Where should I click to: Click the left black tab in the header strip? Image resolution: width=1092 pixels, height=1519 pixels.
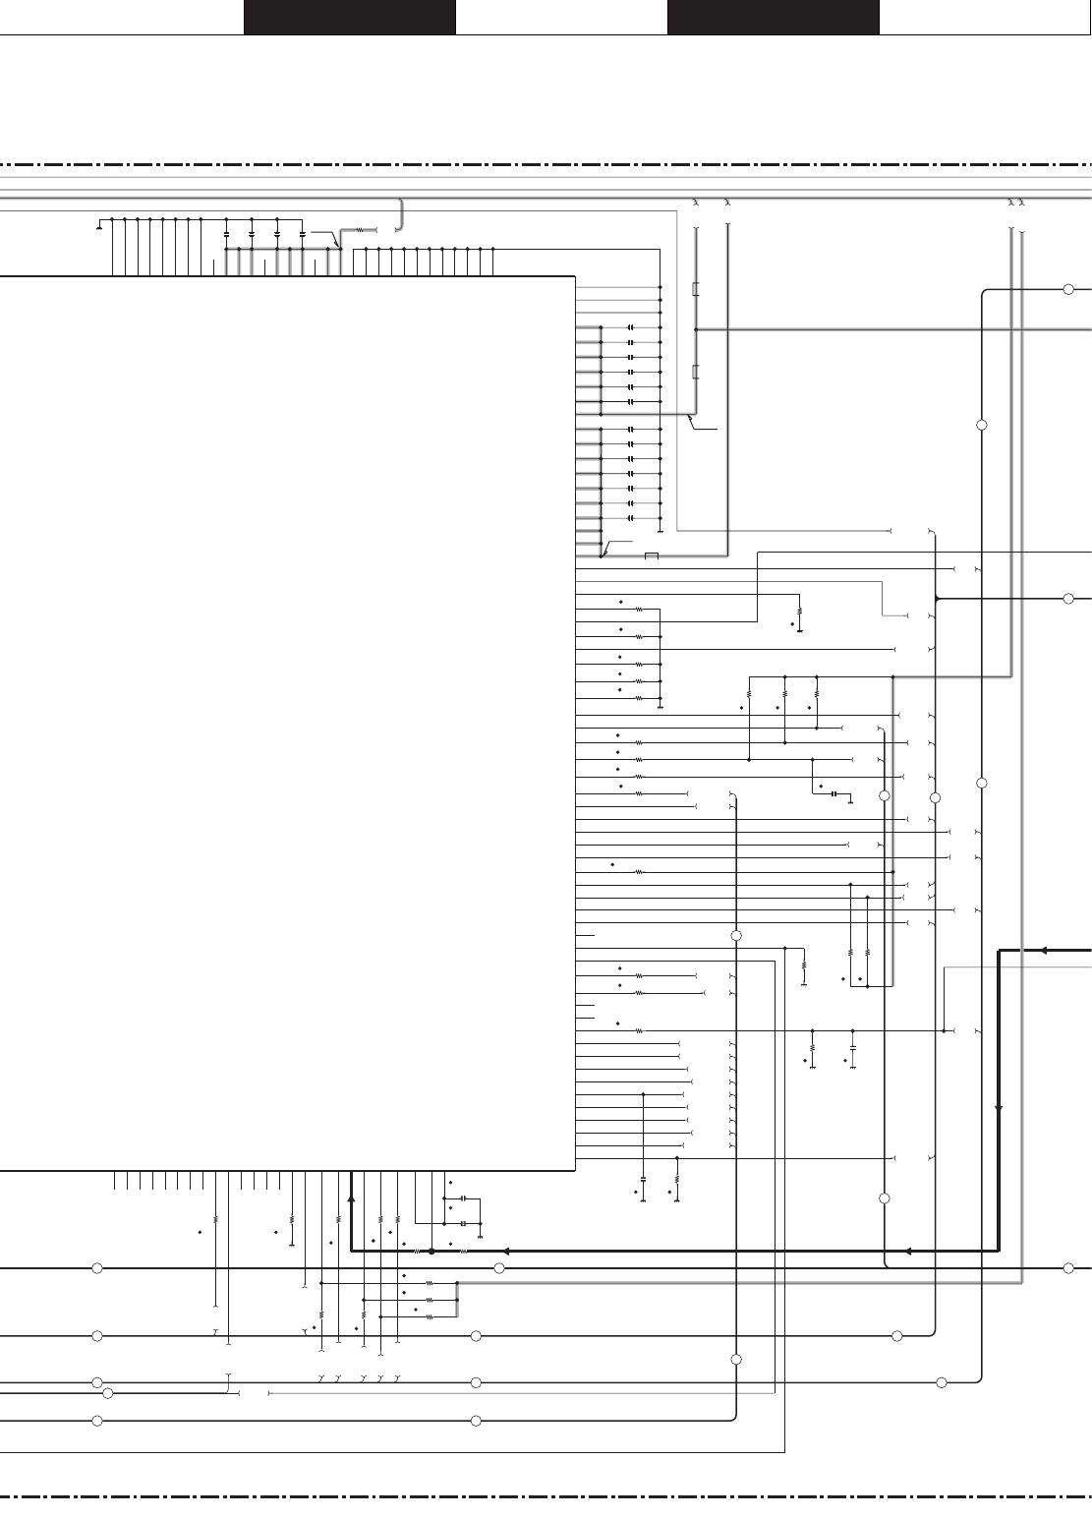coord(349,17)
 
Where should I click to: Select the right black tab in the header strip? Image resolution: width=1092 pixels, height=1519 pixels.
coord(773,17)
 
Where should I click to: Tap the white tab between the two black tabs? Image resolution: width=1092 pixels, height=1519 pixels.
coord(561,17)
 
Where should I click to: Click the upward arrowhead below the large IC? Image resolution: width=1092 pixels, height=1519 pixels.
coord(351,1199)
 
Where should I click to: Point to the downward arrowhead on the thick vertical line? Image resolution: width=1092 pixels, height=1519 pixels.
coord(999,1106)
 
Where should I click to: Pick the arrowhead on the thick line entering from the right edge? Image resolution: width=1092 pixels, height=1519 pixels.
coord(1043,950)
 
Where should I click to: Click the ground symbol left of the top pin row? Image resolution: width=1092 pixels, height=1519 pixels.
coord(99,228)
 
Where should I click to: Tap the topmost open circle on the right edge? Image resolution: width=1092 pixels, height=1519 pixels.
coord(1068,289)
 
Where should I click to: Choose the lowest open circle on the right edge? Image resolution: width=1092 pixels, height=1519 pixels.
coord(1068,1268)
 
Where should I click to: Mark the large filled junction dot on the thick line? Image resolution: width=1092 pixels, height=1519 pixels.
coord(431,1252)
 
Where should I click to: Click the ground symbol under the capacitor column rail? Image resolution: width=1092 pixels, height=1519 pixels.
coord(661,532)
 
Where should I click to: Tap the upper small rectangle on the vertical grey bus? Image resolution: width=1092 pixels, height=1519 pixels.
coord(696,289)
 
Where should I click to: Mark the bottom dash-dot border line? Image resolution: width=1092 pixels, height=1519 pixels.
coord(546,1498)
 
